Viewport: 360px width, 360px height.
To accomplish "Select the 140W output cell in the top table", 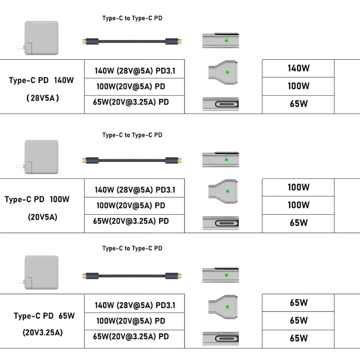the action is pyautogui.click(x=298, y=68).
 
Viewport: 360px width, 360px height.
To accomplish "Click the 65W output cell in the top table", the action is pyautogui.click(x=298, y=104).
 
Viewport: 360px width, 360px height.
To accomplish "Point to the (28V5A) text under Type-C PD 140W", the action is pyautogui.click(x=43, y=98).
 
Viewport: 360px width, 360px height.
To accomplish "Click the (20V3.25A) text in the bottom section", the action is pyautogui.click(x=43, y=332).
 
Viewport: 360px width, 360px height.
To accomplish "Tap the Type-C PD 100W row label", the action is pyautogui.click(x=37, y=199).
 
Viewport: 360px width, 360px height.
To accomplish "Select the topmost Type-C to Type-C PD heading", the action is pyautogui.click(x=132, y=18).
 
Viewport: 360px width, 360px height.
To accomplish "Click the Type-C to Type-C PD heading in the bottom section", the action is pyautogui.click(x=132, y=248).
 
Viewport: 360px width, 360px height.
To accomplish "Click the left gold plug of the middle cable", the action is pyautogui.click(x=84, y=160).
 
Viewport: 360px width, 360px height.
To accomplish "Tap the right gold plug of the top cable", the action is pyautogui.click(x=179, y=42).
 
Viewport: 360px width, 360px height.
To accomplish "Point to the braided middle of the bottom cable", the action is pyautogui.click(x=132, y=276).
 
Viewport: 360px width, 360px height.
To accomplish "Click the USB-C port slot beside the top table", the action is pyautogui.click(x=227, y=104).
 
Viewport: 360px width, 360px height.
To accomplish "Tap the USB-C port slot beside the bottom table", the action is pyautogui.click(x=227, y=338).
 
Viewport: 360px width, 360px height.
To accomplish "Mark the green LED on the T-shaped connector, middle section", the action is pyautogui.click(x=227, y=191).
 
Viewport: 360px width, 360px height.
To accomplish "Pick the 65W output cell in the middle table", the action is pyautogui.click(x=298, y=223).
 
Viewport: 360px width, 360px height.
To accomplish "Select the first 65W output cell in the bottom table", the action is pyautogui.click(x=298, y=303).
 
